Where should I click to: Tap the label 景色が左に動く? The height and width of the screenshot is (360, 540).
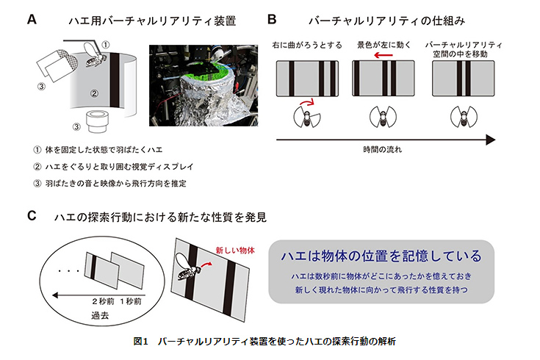384,46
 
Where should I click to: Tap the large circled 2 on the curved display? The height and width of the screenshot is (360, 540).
94,94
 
